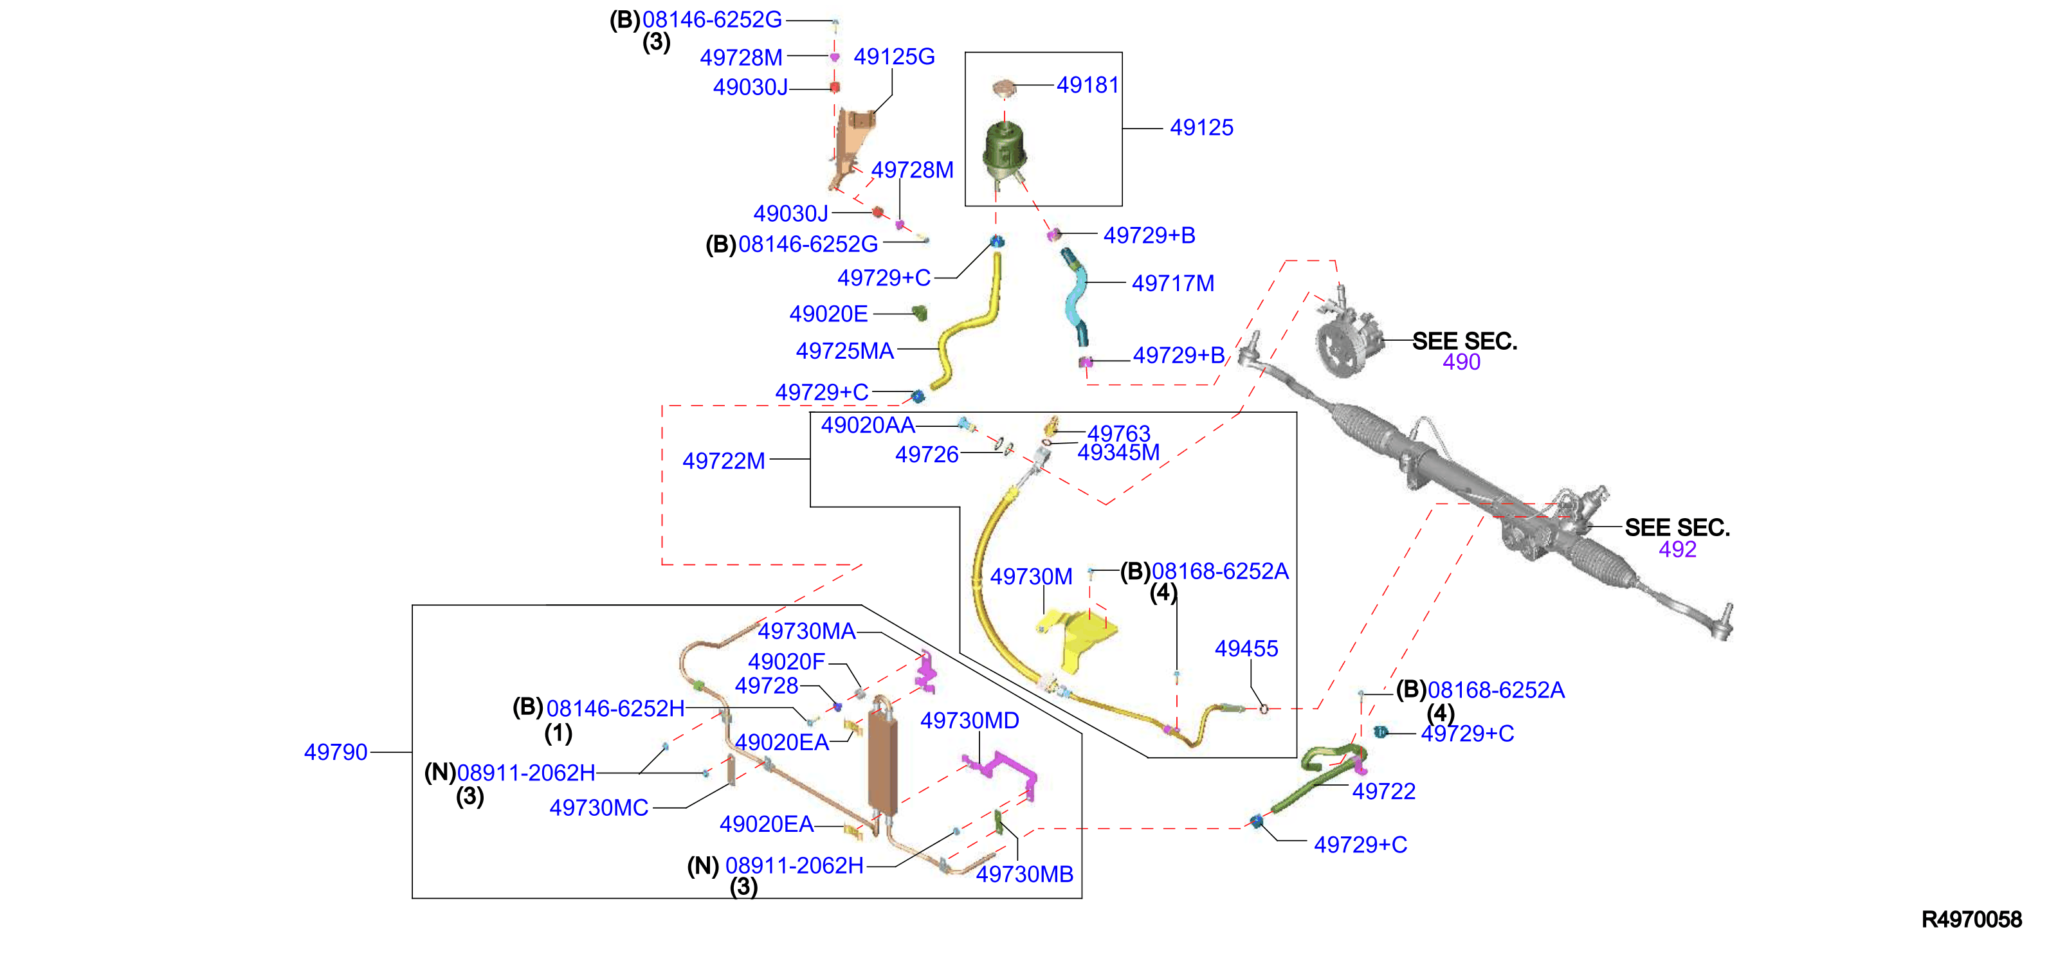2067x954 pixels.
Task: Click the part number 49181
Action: coord(1088,85)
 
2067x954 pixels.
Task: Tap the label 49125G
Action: coord(894,57)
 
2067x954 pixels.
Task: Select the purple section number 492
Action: coord(1677,550)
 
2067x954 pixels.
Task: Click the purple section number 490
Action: coord(1461,362)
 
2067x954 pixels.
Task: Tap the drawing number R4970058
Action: coord(1972,919)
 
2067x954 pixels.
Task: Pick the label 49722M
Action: coord(724,462)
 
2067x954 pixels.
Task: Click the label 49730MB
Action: coord(1024,874)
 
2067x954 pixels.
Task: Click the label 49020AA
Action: coord(868,425)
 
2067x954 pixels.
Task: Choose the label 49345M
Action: coord(1118,453)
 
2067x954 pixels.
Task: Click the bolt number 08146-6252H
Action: coord(615,708)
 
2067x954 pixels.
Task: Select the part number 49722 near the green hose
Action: coord(1383,791)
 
